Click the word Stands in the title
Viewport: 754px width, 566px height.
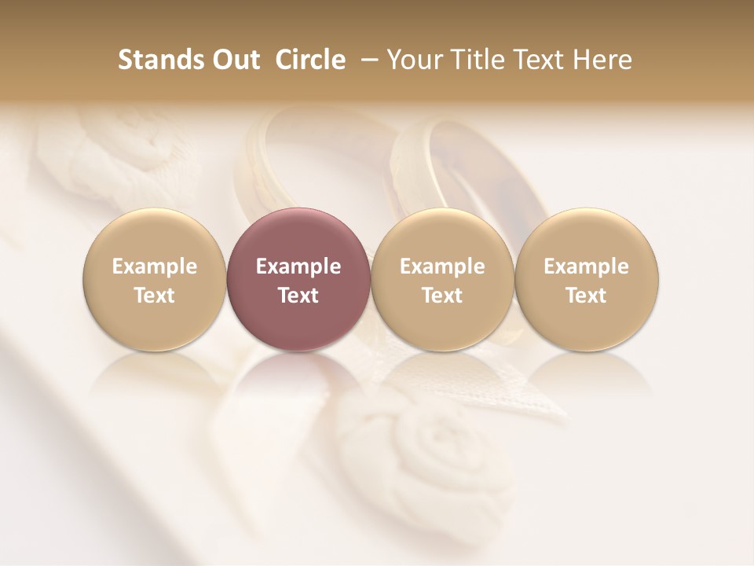[x=159, y=60]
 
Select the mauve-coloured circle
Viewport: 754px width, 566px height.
[x=298, y=279]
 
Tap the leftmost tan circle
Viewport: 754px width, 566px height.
[x=155, y=279]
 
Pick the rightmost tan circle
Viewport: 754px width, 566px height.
[x=587, y=279]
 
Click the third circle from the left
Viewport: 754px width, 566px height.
[x=442, y=279]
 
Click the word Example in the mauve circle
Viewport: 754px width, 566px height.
[x=298, y=266]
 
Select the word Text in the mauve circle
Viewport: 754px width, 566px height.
[x=298, y=296]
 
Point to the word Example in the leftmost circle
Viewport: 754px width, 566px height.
[x=155, y=266]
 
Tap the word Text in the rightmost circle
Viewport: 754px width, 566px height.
[x=587, y=296]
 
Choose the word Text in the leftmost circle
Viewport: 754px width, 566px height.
[x=155, y=296]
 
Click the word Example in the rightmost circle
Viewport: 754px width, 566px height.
[x=587, y=266]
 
